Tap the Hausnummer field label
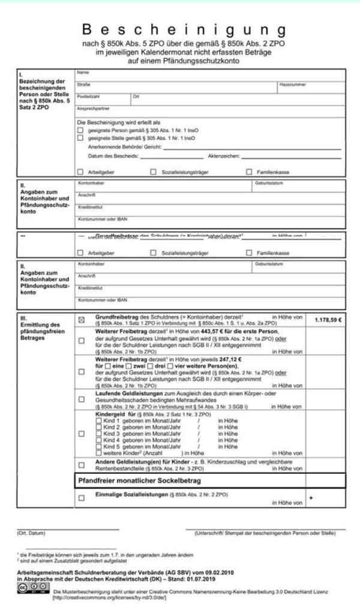point(293,85)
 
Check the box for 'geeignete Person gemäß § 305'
point(81,130)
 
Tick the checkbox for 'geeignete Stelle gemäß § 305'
point(81,138)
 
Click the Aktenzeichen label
point(224,155)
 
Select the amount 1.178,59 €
point(328,320)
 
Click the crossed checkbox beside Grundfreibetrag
point(81,320)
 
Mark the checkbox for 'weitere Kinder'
point(99,452)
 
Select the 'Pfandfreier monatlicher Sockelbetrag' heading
point(140,481)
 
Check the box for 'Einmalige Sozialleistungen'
point(81,498)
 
